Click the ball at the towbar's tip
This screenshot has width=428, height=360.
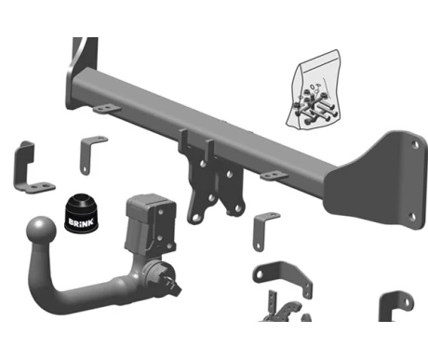[x=41, y=231]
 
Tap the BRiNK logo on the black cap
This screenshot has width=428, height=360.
[x=81, y=222]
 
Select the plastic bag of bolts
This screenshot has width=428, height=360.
[x=314, y=89]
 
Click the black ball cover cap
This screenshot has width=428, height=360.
[x=81, y=213]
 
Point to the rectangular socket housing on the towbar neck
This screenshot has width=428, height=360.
[x=151, y=225]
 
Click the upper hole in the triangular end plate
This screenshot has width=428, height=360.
[x=415, y=144]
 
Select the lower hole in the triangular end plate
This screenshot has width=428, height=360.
[x=412, y=217]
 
